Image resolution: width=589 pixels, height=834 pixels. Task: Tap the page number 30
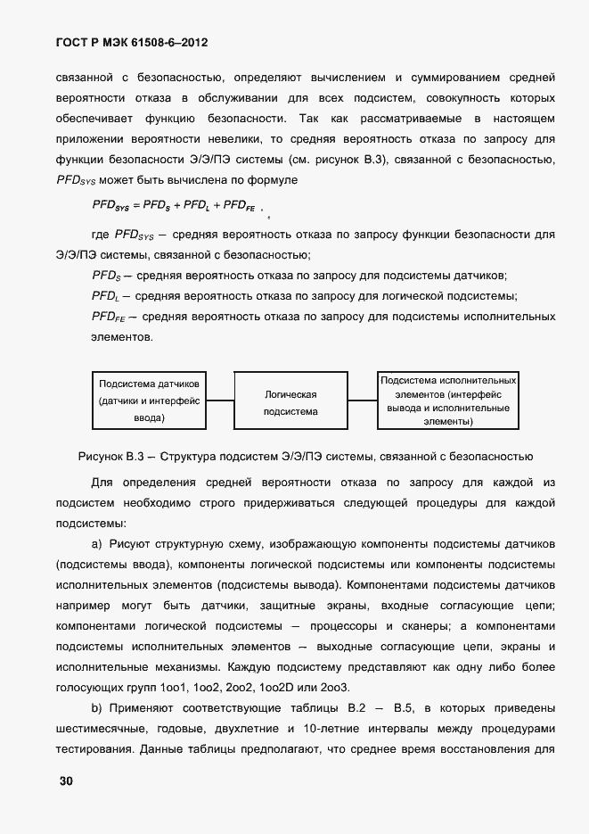(66, 782)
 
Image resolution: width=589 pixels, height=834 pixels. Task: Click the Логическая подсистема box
(290, 402)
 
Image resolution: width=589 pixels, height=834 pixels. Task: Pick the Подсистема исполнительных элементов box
(447, 400)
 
